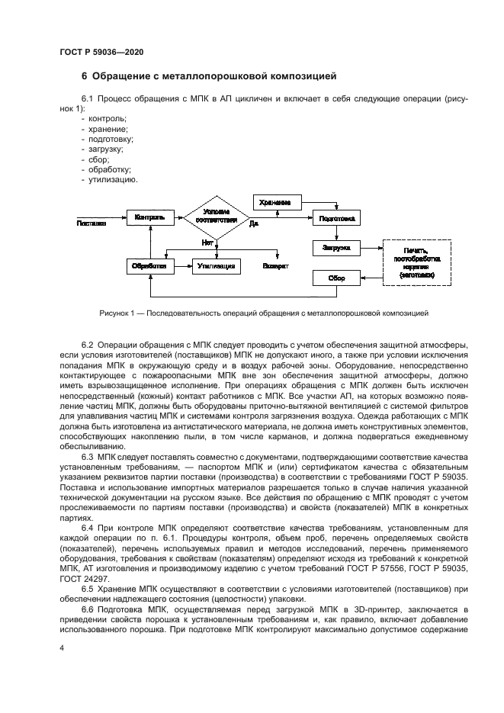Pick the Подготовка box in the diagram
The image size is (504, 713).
pos(336,218)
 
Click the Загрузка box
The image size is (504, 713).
pos(336,248)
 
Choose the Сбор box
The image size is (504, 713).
pos(336,278)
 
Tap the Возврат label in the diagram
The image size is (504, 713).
pos(275,266)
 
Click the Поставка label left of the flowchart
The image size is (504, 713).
pos(91,223)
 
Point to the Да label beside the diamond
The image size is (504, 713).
pos(254,223)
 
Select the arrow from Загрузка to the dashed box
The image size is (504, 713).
pos(371,248)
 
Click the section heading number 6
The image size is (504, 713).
pos(85,75)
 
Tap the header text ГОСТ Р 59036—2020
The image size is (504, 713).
pos(101,51)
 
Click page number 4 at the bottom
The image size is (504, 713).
pos(62,647)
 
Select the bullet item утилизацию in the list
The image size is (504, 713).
pos(113,180)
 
